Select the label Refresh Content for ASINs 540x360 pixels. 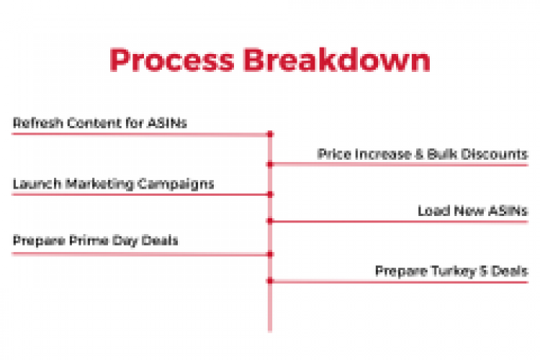click(x=100, y=123)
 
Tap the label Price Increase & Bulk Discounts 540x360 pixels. click(x=423, y=154)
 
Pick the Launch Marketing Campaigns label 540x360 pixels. click(x=113, y=184)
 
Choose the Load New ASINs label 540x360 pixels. click(x=472, y=211)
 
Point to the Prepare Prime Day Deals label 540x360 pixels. click(x=95, y=241)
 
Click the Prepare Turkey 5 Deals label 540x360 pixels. click(x=451, y=271)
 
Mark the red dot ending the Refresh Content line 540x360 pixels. click(x=270, y=134)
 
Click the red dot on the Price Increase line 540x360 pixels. click(x=270, y=165)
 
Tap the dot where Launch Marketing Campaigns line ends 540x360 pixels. click(x=270, y=194)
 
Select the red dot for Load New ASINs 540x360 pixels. click(x=270, y=221)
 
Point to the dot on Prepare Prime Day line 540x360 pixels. click(x=270, y=253)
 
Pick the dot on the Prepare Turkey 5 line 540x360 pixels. click(x=270, y=281)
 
